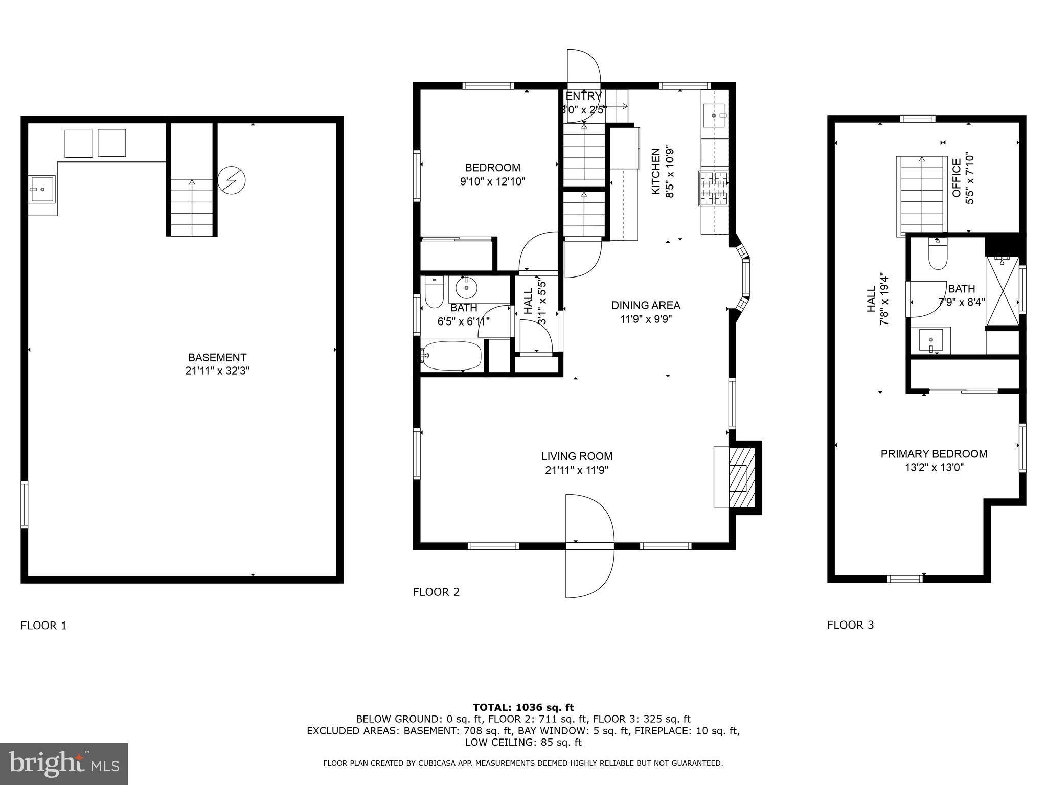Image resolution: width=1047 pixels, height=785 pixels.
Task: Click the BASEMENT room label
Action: tap(217, 358)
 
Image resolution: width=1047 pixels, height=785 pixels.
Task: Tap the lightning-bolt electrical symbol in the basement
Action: tap(232, 180)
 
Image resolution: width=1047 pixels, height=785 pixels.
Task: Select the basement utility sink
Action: tap(42, 189)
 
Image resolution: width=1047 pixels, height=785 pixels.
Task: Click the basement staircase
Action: tap(192, 207)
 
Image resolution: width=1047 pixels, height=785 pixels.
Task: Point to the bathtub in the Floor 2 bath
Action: tap(452, 356)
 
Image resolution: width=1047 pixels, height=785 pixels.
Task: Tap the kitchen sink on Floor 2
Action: tap(714, 116)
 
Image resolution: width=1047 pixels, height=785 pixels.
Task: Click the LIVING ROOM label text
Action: tap(577, 456)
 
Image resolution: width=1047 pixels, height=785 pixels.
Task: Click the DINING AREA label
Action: tap(646, 305)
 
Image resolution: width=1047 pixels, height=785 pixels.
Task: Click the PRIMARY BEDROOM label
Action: tap(934, 454)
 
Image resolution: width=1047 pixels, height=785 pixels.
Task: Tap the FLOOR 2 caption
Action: tap(436, 592)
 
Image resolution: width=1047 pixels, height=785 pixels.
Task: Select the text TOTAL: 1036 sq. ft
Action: tap(523, 707)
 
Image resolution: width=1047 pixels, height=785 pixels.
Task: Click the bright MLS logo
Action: tap(64, 764)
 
